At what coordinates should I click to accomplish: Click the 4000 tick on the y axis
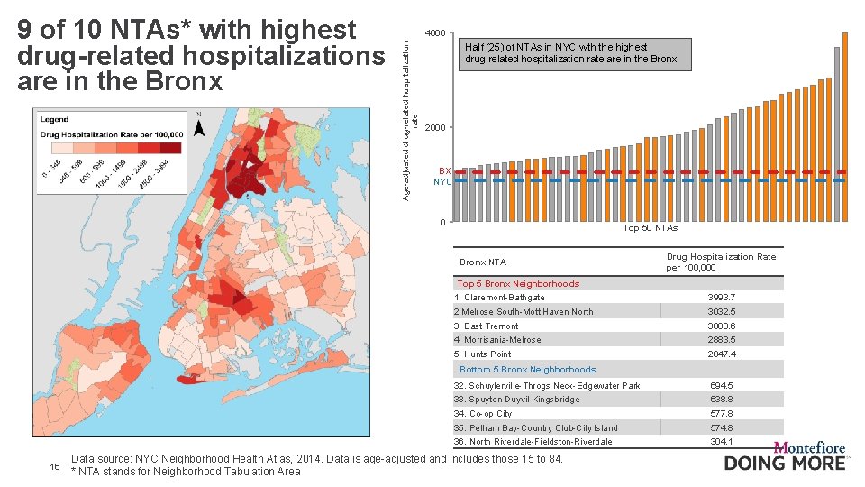coord(435,33)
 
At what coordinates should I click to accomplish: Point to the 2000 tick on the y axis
coord(435,127)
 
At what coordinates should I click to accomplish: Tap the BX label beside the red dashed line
coord(444,170)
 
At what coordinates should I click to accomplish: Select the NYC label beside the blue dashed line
coord(442,181)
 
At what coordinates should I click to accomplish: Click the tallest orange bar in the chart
coord(844,126)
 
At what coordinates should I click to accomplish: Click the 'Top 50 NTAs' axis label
coord(650,228)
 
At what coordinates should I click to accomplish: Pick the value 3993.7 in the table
coord(721,298)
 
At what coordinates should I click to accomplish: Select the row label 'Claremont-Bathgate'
coord(504,298)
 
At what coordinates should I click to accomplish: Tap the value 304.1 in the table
coord(721,442)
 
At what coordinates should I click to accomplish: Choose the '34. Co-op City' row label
coord(483,414)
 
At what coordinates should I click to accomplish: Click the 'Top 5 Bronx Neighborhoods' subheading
coord(518,283)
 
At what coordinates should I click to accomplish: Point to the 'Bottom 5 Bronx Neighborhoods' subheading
coord(527,370)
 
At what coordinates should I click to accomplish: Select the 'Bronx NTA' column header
coord(483,262)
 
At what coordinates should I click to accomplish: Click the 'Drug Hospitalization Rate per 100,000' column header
coord(721,262)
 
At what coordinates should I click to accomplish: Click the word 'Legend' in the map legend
coord(54,119)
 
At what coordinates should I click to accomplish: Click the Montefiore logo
coord(787,455)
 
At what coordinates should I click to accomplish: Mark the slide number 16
coord(54,466)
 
